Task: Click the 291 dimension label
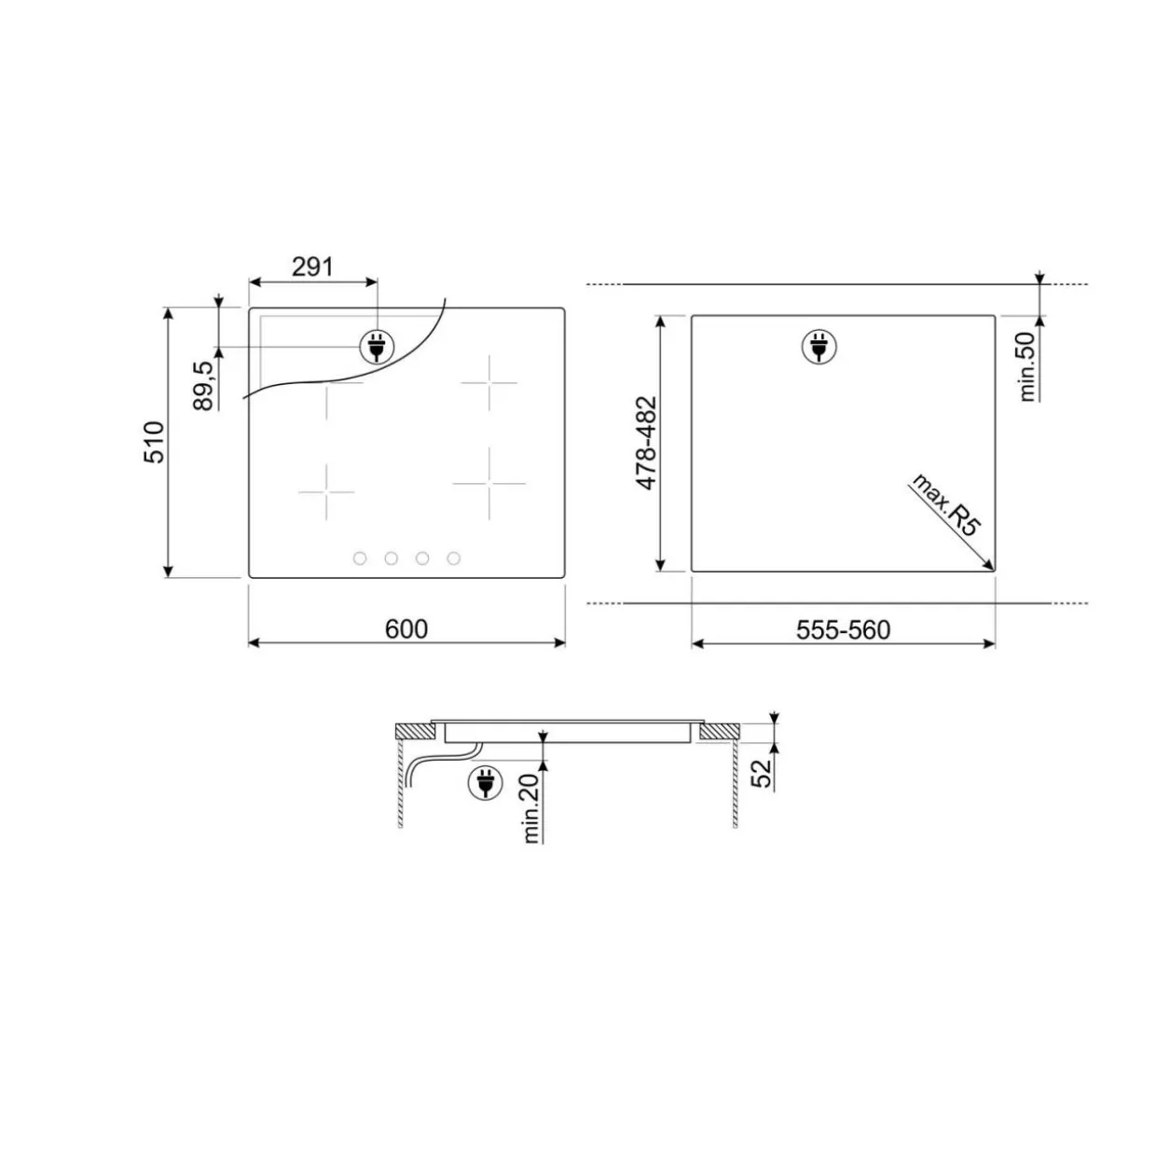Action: tap(312, 267)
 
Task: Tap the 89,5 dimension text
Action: tap(204, 386)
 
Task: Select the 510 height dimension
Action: tap(154, 442)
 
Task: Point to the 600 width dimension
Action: tap(406, 628)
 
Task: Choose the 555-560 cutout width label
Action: tap(843, 630)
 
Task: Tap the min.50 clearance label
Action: tap(1027, 366)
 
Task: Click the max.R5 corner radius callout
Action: tap(945, 505)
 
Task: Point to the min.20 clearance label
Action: tap(531, 809)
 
